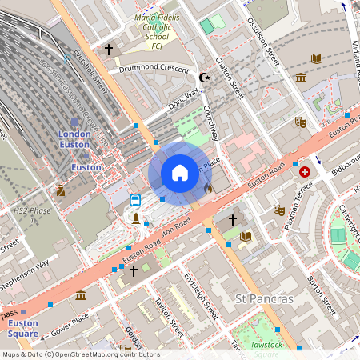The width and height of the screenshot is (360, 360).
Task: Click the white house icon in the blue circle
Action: pos(180,173)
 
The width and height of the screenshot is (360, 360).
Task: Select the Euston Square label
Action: pos(23,328)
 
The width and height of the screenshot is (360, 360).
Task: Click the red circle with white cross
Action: pos(305,172)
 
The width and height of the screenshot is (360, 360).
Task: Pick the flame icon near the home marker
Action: pos(208,189)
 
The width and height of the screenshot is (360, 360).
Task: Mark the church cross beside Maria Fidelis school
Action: pos(109,50)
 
